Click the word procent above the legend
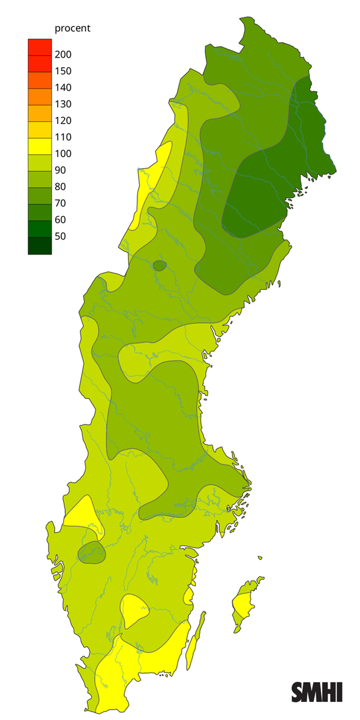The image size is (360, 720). click(73, 28)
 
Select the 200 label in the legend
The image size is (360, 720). click(62, 55)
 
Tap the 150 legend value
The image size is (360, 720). click(62, 71)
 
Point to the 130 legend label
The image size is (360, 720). click(62, 104)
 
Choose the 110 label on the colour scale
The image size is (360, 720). click(62, 137)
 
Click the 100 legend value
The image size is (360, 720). click(62, 154)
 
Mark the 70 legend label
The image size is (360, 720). click(60, 203)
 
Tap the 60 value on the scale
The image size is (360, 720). click(60, 220)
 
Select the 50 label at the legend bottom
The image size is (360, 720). click(60, 236)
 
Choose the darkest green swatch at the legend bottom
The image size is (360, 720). click(40, 246)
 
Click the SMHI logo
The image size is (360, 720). click(317, 692)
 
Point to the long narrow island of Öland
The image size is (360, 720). click(194, 642)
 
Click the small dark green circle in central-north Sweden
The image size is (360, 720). click(160, 265)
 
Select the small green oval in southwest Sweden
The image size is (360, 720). click(91, 553)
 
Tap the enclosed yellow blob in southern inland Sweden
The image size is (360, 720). click(134, 610)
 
